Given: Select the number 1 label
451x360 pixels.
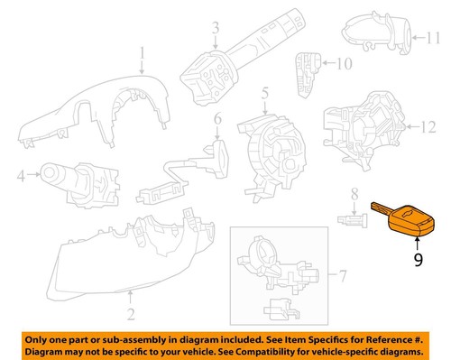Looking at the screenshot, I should point(142,60).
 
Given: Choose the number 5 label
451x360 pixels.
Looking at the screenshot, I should point(264,93).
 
